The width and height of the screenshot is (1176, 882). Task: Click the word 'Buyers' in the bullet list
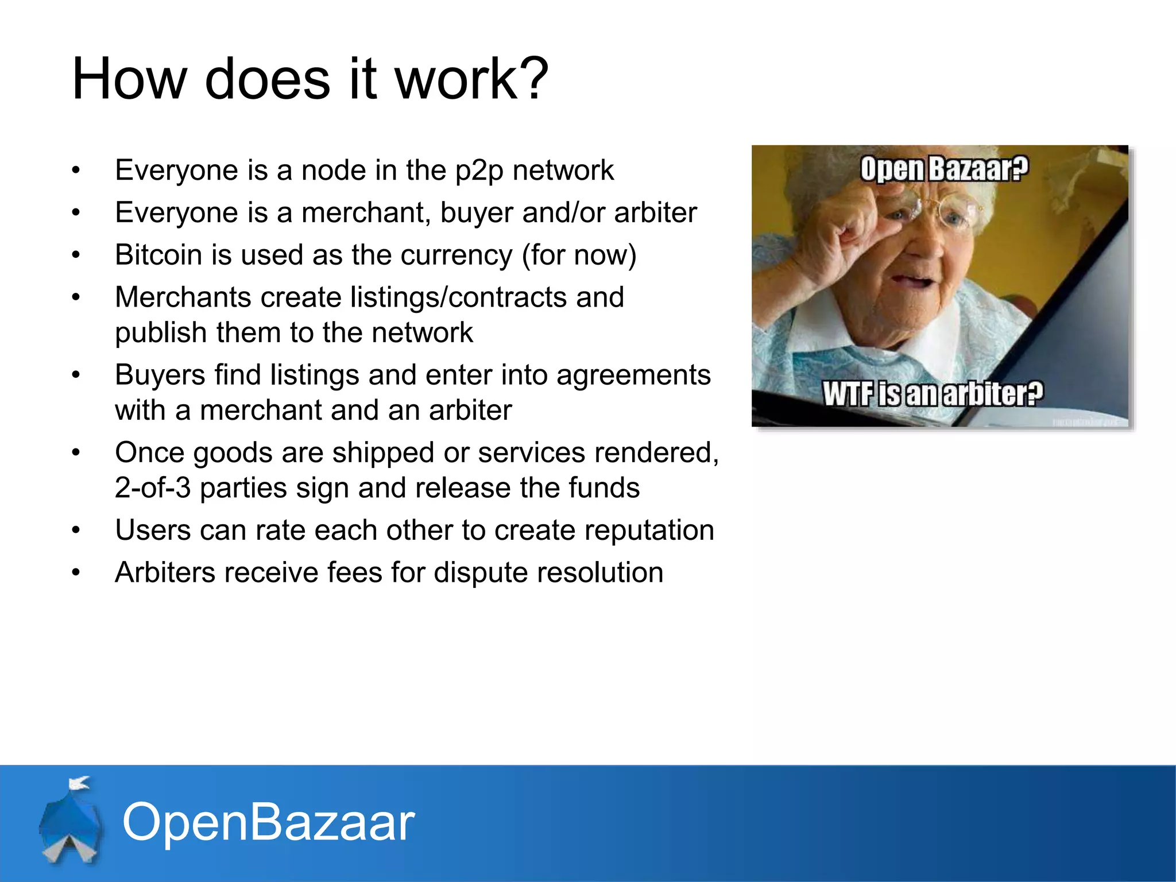click(x=160, y=375)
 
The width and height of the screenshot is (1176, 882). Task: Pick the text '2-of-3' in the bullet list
click(x=153, y=488)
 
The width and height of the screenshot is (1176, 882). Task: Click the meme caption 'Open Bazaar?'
click(x=943, y=169)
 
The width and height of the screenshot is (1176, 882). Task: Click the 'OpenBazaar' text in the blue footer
click(x=268, y=822)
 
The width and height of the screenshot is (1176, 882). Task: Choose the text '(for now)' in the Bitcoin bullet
click(x=579, y=256)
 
